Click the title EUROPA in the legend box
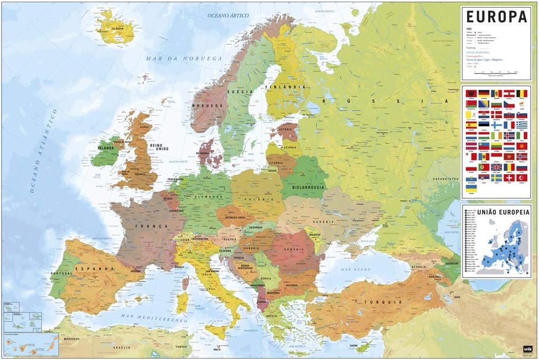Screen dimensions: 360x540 point(496,17)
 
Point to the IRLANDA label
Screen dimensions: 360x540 point(106,148)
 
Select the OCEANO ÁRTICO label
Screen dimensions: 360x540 point(228,15)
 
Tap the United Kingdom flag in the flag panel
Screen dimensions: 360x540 point(497,166)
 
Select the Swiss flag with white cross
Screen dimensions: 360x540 point(509,178)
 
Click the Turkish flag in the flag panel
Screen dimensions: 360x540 point(522,178)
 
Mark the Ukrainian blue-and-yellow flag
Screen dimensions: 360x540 point(471,189)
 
